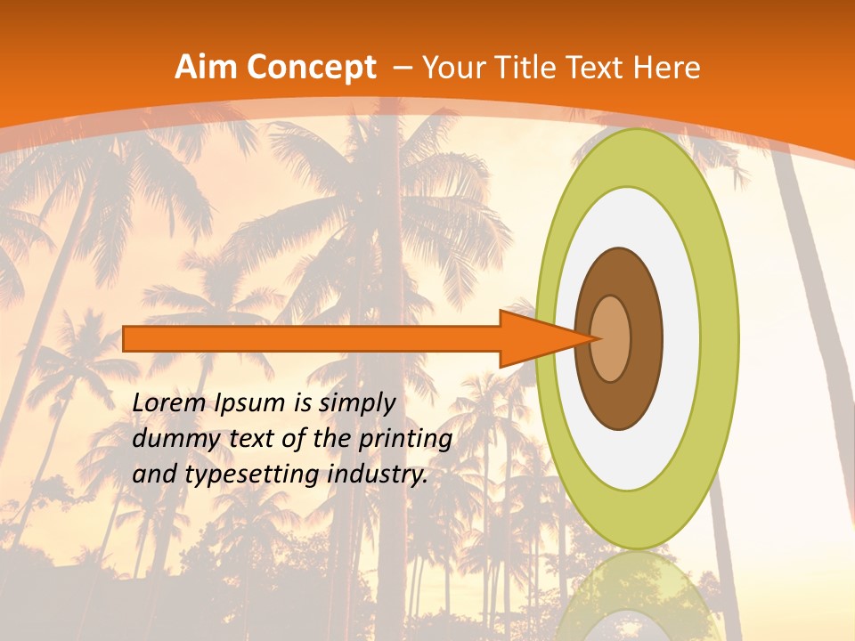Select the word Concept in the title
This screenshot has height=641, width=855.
click(x=311, y=68)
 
